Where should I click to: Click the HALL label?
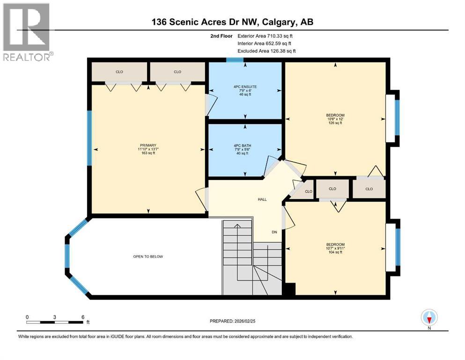[x=262, y=199]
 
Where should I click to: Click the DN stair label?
[x=275, y=232]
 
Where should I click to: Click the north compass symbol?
[x=429, y=318]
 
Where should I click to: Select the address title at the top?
[x=232, y=22]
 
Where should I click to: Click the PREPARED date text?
[x=233, y=321]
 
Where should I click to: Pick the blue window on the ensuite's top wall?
[x=235, y=60]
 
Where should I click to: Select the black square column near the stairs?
[x=289, y=289]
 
